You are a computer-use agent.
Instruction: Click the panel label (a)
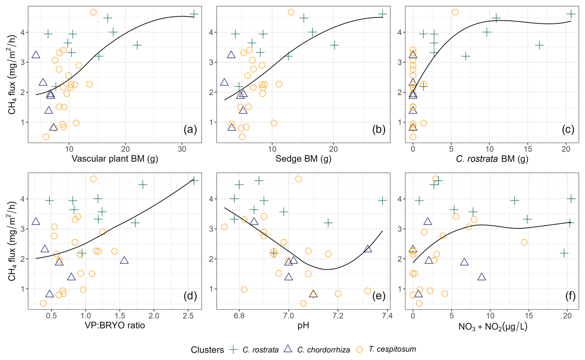point(190,129)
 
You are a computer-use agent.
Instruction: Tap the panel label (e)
point(379,296)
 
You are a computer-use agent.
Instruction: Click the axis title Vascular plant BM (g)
point(115,159)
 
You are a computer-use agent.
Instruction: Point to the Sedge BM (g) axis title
point(303,159)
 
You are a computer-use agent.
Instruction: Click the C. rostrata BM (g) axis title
point(492,159)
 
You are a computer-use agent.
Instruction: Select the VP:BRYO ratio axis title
point(115,325)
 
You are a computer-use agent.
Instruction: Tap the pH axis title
point(303,325)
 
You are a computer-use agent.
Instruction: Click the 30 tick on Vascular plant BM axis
point(182,149)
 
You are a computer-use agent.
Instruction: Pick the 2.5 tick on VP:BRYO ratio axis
point(188,316)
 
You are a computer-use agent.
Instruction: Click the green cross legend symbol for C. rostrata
point(233,349)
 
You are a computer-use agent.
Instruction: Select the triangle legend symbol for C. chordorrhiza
point(288,349)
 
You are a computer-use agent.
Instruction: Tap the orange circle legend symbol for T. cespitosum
point(359,349)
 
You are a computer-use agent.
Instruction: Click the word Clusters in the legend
point(207,350)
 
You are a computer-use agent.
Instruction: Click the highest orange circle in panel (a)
point(93,12)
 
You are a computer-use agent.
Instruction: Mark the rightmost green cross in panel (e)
point(382,201)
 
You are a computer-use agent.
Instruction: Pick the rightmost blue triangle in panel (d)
point(124,260)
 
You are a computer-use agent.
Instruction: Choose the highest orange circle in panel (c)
point(455,12)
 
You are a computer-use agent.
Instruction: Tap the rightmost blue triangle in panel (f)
point(482,277)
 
